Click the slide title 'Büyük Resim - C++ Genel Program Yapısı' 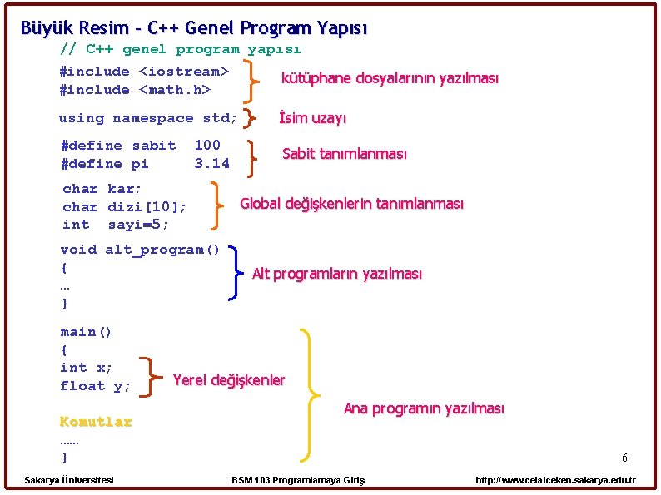coord(194,28)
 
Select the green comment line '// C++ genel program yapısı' coord(181,49)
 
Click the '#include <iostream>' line coord(144,72)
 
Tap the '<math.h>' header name coord(175,89)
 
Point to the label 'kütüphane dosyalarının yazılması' coord(390,78)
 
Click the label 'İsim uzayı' coord(312,117)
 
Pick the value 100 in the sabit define coord(207,145)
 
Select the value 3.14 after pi coord(212,163)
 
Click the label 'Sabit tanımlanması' coord(345,154)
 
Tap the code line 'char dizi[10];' coord(124,207)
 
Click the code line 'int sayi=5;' coord(115,225)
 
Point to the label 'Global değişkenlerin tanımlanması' coord(351,204)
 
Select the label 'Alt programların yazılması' coord(337,274)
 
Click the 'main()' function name coord(86,332)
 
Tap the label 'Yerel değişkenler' coord(229,380)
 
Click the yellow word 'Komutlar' coord(96,422)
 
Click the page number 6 coord(624,458)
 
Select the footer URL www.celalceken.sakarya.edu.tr coord(555,480)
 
